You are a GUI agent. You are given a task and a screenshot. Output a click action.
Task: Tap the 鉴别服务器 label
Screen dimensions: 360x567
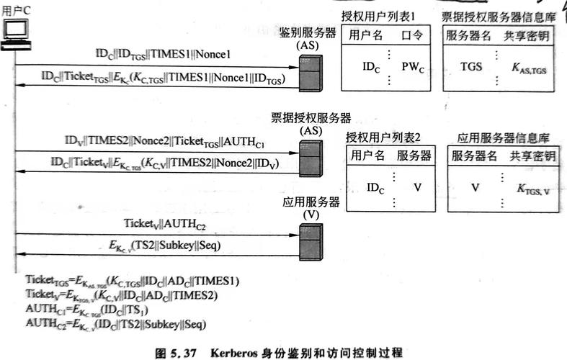[x=308, y=33]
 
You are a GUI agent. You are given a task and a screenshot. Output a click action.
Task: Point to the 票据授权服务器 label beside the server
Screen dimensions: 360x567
[x=311, y=117]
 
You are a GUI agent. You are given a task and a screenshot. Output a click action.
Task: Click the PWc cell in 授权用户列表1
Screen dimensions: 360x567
[x=413, y=67]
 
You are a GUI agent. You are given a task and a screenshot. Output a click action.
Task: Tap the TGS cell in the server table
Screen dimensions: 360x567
[x=472, y=67]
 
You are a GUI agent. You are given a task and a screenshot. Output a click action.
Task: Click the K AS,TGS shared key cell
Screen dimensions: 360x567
[x=528, y=68]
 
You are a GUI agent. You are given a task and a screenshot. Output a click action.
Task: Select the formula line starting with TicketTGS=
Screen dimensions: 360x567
[x=132, y=280]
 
